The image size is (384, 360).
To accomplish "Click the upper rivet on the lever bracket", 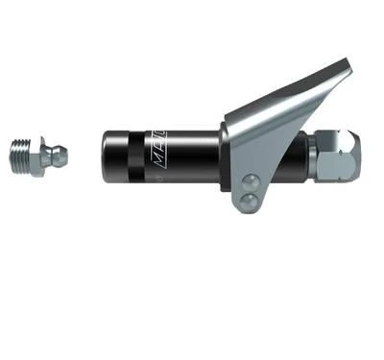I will [x=252, y=180].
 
